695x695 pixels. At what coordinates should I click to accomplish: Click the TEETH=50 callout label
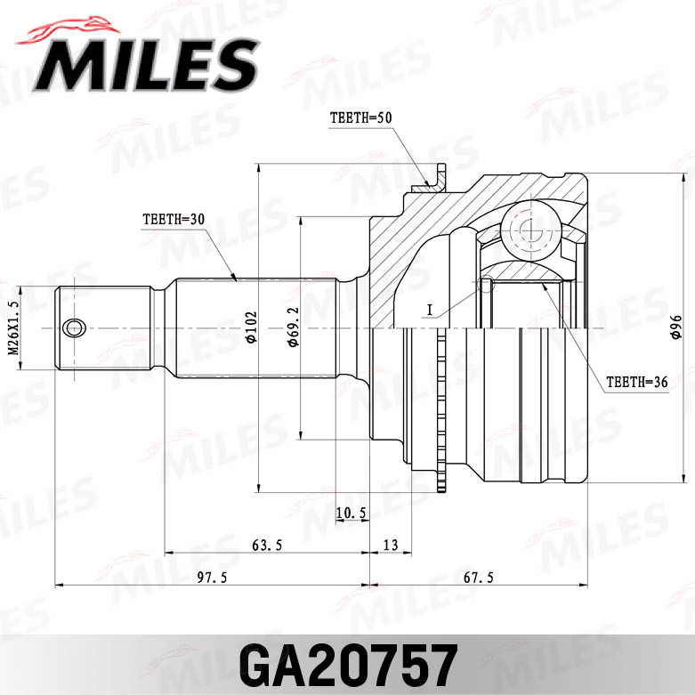pos(360,117)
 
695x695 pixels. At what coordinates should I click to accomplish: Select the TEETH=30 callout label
pos(173,218)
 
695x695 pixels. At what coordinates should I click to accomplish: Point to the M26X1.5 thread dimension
pos(13,328)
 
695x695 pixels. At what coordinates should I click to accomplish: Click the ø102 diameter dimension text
pos(251,327)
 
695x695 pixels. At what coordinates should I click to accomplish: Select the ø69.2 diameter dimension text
pos(291,328)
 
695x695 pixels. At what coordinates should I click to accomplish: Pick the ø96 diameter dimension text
pos(675,328)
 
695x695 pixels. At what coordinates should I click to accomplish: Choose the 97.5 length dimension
pos(212,578)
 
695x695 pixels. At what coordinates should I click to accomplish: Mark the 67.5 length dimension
pos(478,578)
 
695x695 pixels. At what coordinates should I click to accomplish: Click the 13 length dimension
pos(390,545)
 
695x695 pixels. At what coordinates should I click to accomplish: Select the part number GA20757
pos(347,662)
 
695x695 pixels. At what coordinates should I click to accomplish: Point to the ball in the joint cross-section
pos(527,229)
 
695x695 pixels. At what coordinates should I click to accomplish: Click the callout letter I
pos(429,310)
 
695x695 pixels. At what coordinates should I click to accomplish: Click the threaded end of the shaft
pos(102,328)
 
